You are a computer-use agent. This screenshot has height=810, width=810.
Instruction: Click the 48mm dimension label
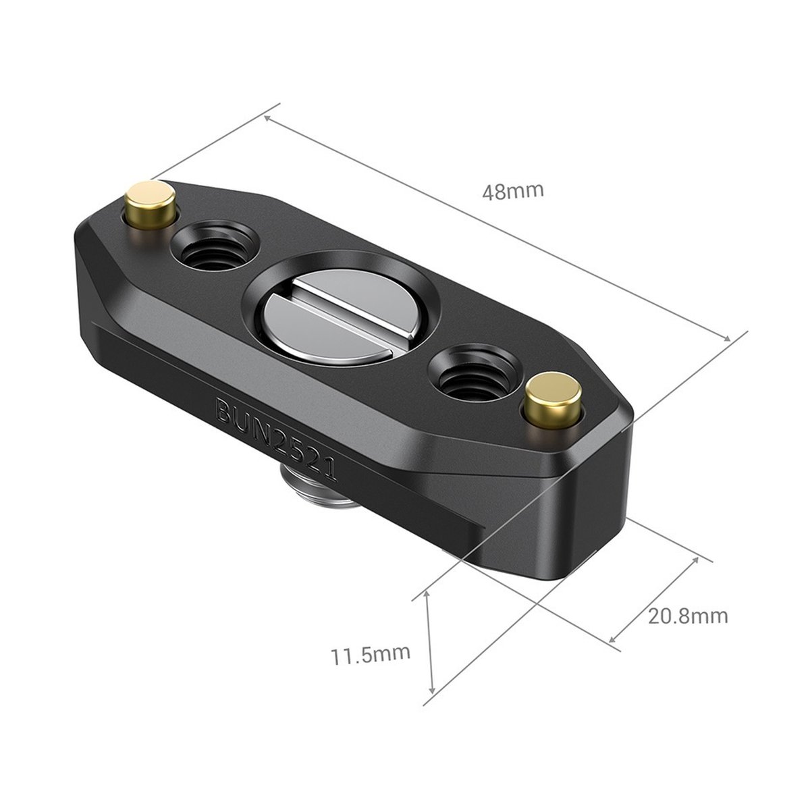click(512, 191)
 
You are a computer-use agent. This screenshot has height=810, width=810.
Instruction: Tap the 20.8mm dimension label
click(688, 616)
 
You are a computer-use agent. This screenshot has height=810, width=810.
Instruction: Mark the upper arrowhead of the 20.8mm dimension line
click(695, 561)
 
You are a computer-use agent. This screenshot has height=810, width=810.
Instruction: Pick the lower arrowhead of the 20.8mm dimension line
click(612, 639)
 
